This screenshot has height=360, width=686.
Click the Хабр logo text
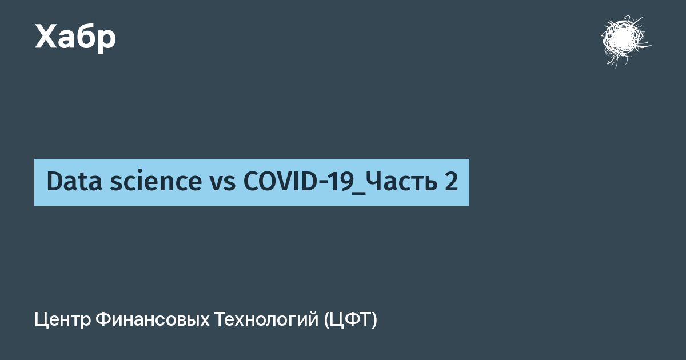(75, 38)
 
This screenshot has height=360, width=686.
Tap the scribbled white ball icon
(625, 41)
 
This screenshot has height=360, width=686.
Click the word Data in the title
(74, 181)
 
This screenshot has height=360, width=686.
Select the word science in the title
(156, 181)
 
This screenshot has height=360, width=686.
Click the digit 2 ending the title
(451, 181)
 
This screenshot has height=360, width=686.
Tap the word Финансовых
(153, 320)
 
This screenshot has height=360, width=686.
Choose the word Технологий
(266, 319)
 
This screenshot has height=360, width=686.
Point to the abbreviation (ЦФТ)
(350, 320)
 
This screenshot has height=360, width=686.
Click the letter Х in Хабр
(46, 37)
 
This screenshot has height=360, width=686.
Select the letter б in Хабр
(84, 36)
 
